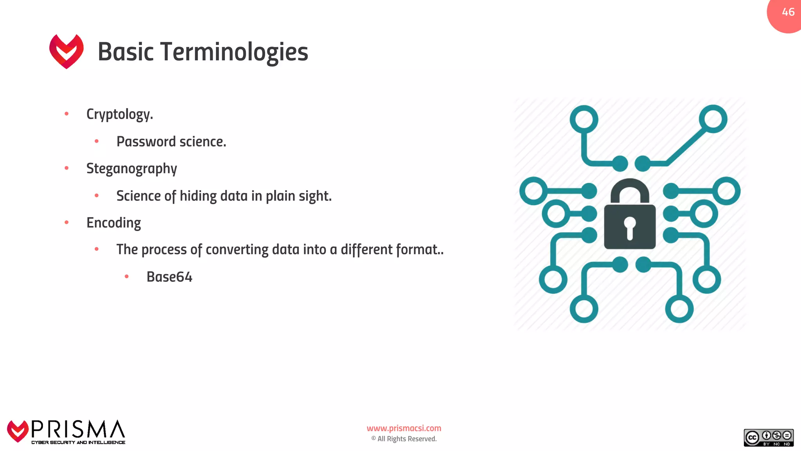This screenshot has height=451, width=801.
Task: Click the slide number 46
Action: (x=788, y=12)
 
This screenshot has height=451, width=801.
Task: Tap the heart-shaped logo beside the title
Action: (x=66, y=51)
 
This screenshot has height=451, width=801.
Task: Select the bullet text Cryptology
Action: (x=119, y=114)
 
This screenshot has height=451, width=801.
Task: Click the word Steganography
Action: (x=131, y=169)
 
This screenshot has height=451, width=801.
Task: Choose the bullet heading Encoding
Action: (x=113, y=223)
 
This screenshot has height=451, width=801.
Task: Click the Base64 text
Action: (x=169, y=277)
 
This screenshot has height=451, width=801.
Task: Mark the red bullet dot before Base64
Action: (x=126, y=276)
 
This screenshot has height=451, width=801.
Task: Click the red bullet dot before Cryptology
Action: (x=66, y=114)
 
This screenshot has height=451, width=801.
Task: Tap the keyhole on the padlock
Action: (x=630, y=227)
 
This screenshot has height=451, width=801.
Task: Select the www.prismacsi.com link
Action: (x=404, y=428)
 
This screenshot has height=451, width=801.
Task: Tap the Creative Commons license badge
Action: (x=768, y=438)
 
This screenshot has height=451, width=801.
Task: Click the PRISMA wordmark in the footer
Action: (x=78, y=429)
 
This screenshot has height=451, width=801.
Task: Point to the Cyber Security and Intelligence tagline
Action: (x=78, y=442)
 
